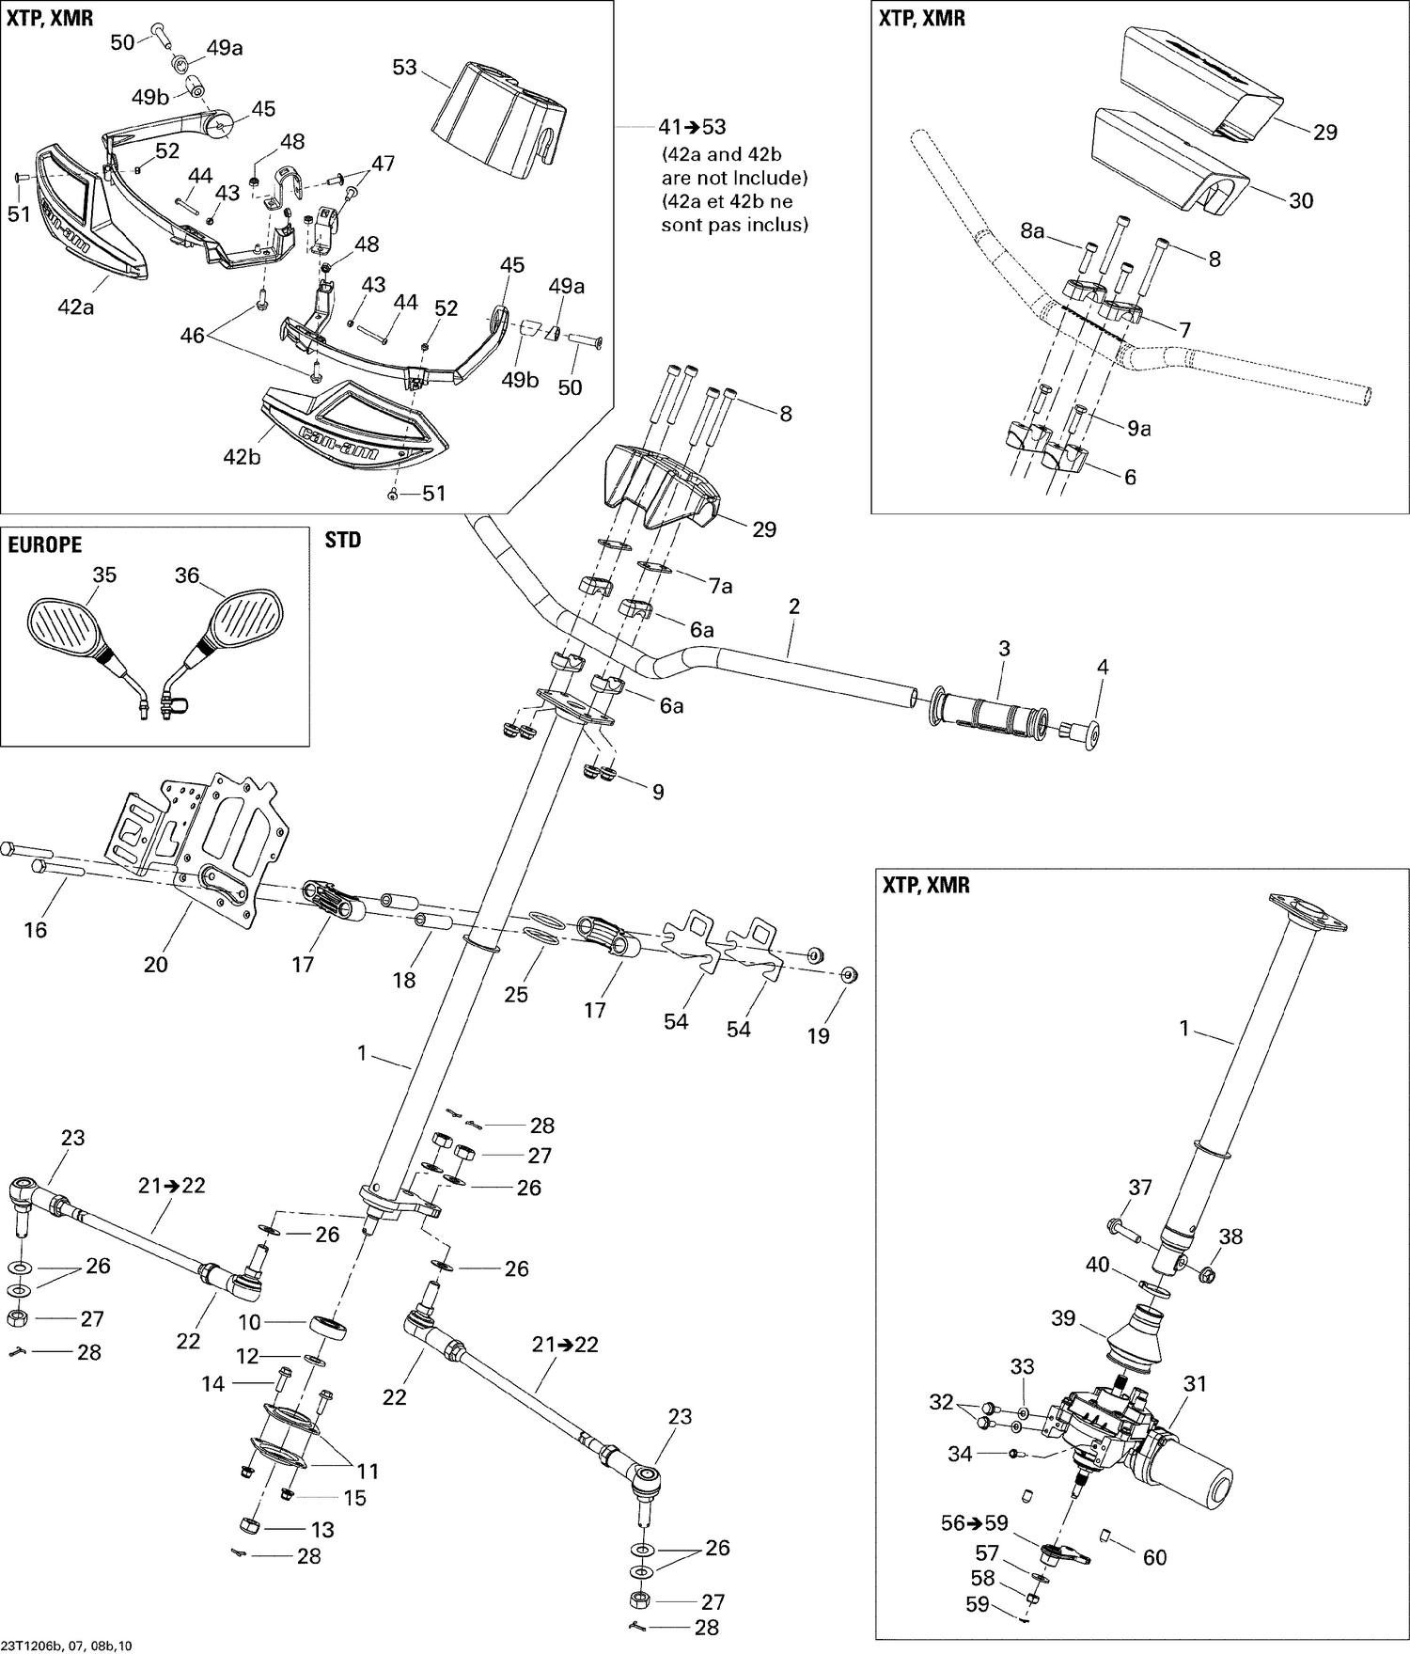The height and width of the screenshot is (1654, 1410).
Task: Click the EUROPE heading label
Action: [45, 544]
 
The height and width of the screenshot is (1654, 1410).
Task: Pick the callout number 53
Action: [404, 67]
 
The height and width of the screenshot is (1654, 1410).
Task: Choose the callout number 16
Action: [35, 930]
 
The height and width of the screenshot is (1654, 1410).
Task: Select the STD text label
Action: [342, 541]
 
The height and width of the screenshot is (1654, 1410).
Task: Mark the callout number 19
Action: [818, 1035]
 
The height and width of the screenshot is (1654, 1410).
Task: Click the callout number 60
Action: [1154, 1557]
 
